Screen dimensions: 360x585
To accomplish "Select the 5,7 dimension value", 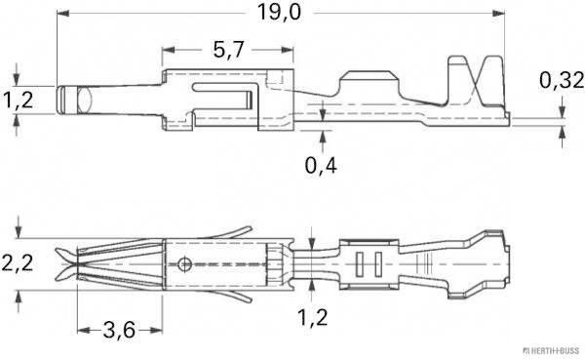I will pyautogui.click(x=226, y=49).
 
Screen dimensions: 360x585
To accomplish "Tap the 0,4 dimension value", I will pyautogui.click(x=323, y=165).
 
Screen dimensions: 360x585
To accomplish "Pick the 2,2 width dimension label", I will pyautogui.click(x=17, y=262).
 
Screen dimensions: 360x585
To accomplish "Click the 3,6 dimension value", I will pyautogui.click(x=118, y=331).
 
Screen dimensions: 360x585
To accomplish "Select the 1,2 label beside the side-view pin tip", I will pyautogui.click(x=17, y=100).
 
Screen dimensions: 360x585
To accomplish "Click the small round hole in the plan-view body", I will pyautogui.click(x=185, y=262).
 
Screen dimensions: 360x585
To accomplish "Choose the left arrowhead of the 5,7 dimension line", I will pyautogui.click(x=168, y=50).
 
